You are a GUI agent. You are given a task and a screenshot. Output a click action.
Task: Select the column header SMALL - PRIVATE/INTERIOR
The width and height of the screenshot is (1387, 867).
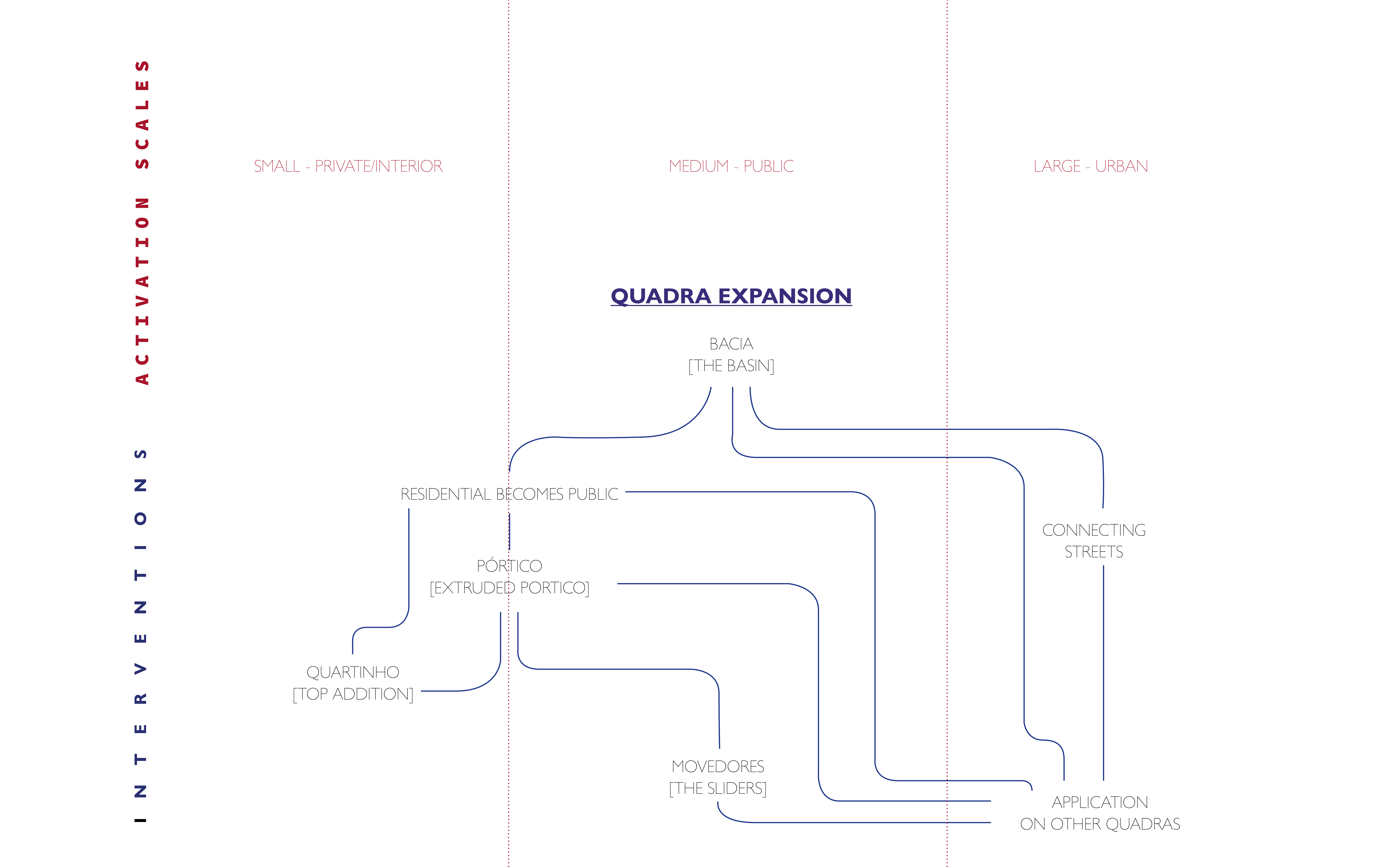(x=348, y=166)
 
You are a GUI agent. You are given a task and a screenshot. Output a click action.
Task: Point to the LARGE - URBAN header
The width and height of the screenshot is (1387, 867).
(x=1091, y=166)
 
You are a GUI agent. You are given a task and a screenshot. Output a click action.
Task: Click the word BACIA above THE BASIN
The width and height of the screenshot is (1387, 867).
(x=731, y=344)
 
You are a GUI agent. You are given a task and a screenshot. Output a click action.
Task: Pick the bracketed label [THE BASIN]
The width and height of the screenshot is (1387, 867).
(x=731, y=366)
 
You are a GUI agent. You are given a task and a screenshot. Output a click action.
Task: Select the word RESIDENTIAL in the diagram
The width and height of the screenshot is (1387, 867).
(x=445, y=494)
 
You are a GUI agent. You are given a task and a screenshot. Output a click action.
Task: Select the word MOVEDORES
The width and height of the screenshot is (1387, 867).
(x=718, y=767)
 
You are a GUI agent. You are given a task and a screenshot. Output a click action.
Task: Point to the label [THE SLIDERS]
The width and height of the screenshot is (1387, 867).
(x=718, y=788)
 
